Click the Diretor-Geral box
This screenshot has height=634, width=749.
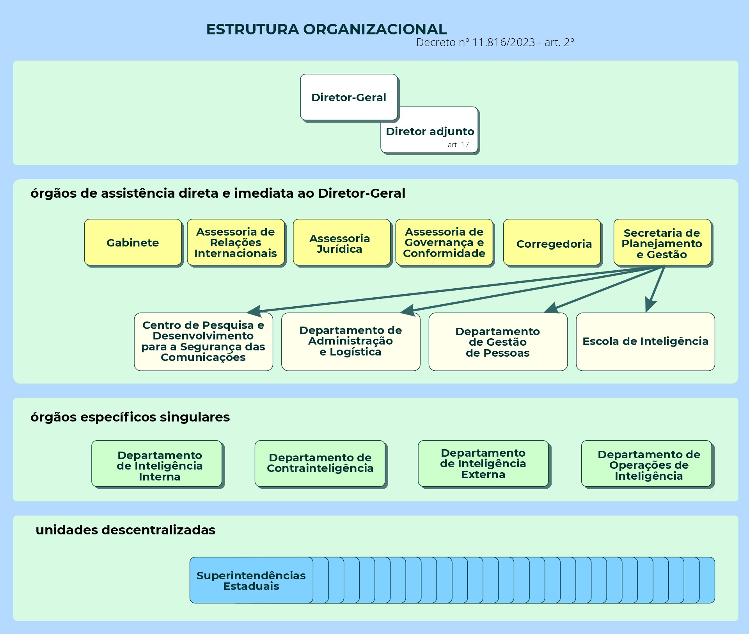349,97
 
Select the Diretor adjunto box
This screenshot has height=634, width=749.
430,131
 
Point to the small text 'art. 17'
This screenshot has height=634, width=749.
458,145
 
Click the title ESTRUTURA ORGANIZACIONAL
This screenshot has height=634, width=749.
327,30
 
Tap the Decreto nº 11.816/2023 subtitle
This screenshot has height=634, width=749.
495,43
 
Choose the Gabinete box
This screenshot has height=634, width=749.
133,243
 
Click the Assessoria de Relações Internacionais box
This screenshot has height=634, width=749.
236,243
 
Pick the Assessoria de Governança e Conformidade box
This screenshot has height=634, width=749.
444,243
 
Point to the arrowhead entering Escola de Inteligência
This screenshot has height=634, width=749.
650,305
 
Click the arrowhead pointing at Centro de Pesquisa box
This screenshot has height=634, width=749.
255,311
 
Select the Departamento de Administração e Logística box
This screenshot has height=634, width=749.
350,341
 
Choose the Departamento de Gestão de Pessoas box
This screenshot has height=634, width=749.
498,341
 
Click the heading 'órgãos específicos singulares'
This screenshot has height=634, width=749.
130,417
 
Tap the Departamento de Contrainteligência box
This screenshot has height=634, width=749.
320,463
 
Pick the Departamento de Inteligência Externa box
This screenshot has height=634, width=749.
483,463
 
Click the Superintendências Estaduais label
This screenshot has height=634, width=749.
251,580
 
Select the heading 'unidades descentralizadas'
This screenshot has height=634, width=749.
125,530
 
